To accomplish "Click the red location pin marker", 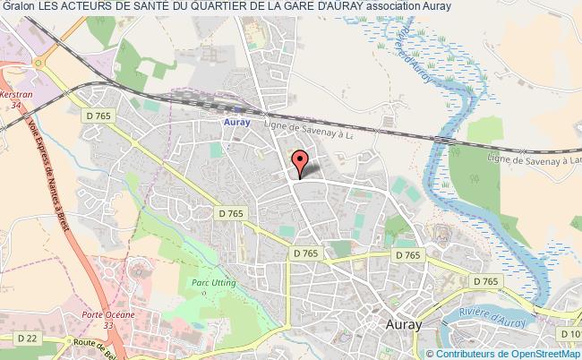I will pos(301,162).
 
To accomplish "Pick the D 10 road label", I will pos(571,334).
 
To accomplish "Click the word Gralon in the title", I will pos(18,7).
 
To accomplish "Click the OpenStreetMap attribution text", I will pos(535,352).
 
